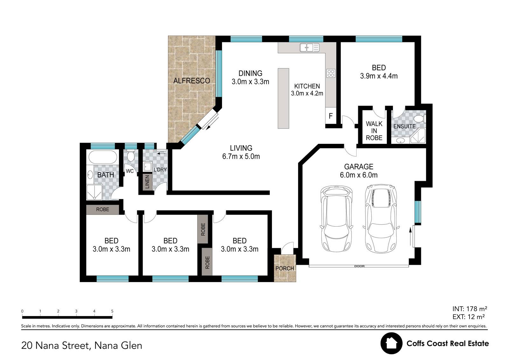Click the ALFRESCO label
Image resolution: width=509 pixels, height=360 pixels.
click(192, 81)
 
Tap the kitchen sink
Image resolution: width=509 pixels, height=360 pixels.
click(310, 47)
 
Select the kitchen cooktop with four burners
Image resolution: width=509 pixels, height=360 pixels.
click(331, 73)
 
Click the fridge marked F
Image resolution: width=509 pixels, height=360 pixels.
click(331, 116)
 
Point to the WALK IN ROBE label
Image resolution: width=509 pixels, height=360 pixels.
click(374, 131)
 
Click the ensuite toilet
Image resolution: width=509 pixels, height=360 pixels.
click(420, 118)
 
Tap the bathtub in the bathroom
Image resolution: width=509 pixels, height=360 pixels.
click(103, 157)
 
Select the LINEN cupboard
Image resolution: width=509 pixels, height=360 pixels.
click(147, 182)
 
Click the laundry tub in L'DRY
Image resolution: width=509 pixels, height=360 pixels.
click(148, 167)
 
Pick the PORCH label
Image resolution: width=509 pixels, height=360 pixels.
click(285, 268)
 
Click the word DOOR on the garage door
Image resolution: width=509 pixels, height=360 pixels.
click(359, 266)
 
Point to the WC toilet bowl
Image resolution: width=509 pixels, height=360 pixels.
click(130, 156)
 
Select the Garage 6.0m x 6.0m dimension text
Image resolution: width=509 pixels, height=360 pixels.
click(359, 175)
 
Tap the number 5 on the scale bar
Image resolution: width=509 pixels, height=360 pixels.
click(112, 311)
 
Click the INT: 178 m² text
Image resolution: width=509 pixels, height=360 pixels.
click(470, 309)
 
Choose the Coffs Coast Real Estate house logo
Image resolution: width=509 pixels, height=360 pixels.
click(392, 343)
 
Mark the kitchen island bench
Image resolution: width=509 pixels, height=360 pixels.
click(283, 98)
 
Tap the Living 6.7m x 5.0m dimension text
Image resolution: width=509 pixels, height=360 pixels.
click(241, 156)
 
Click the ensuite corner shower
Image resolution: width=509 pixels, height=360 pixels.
click(418, 136)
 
